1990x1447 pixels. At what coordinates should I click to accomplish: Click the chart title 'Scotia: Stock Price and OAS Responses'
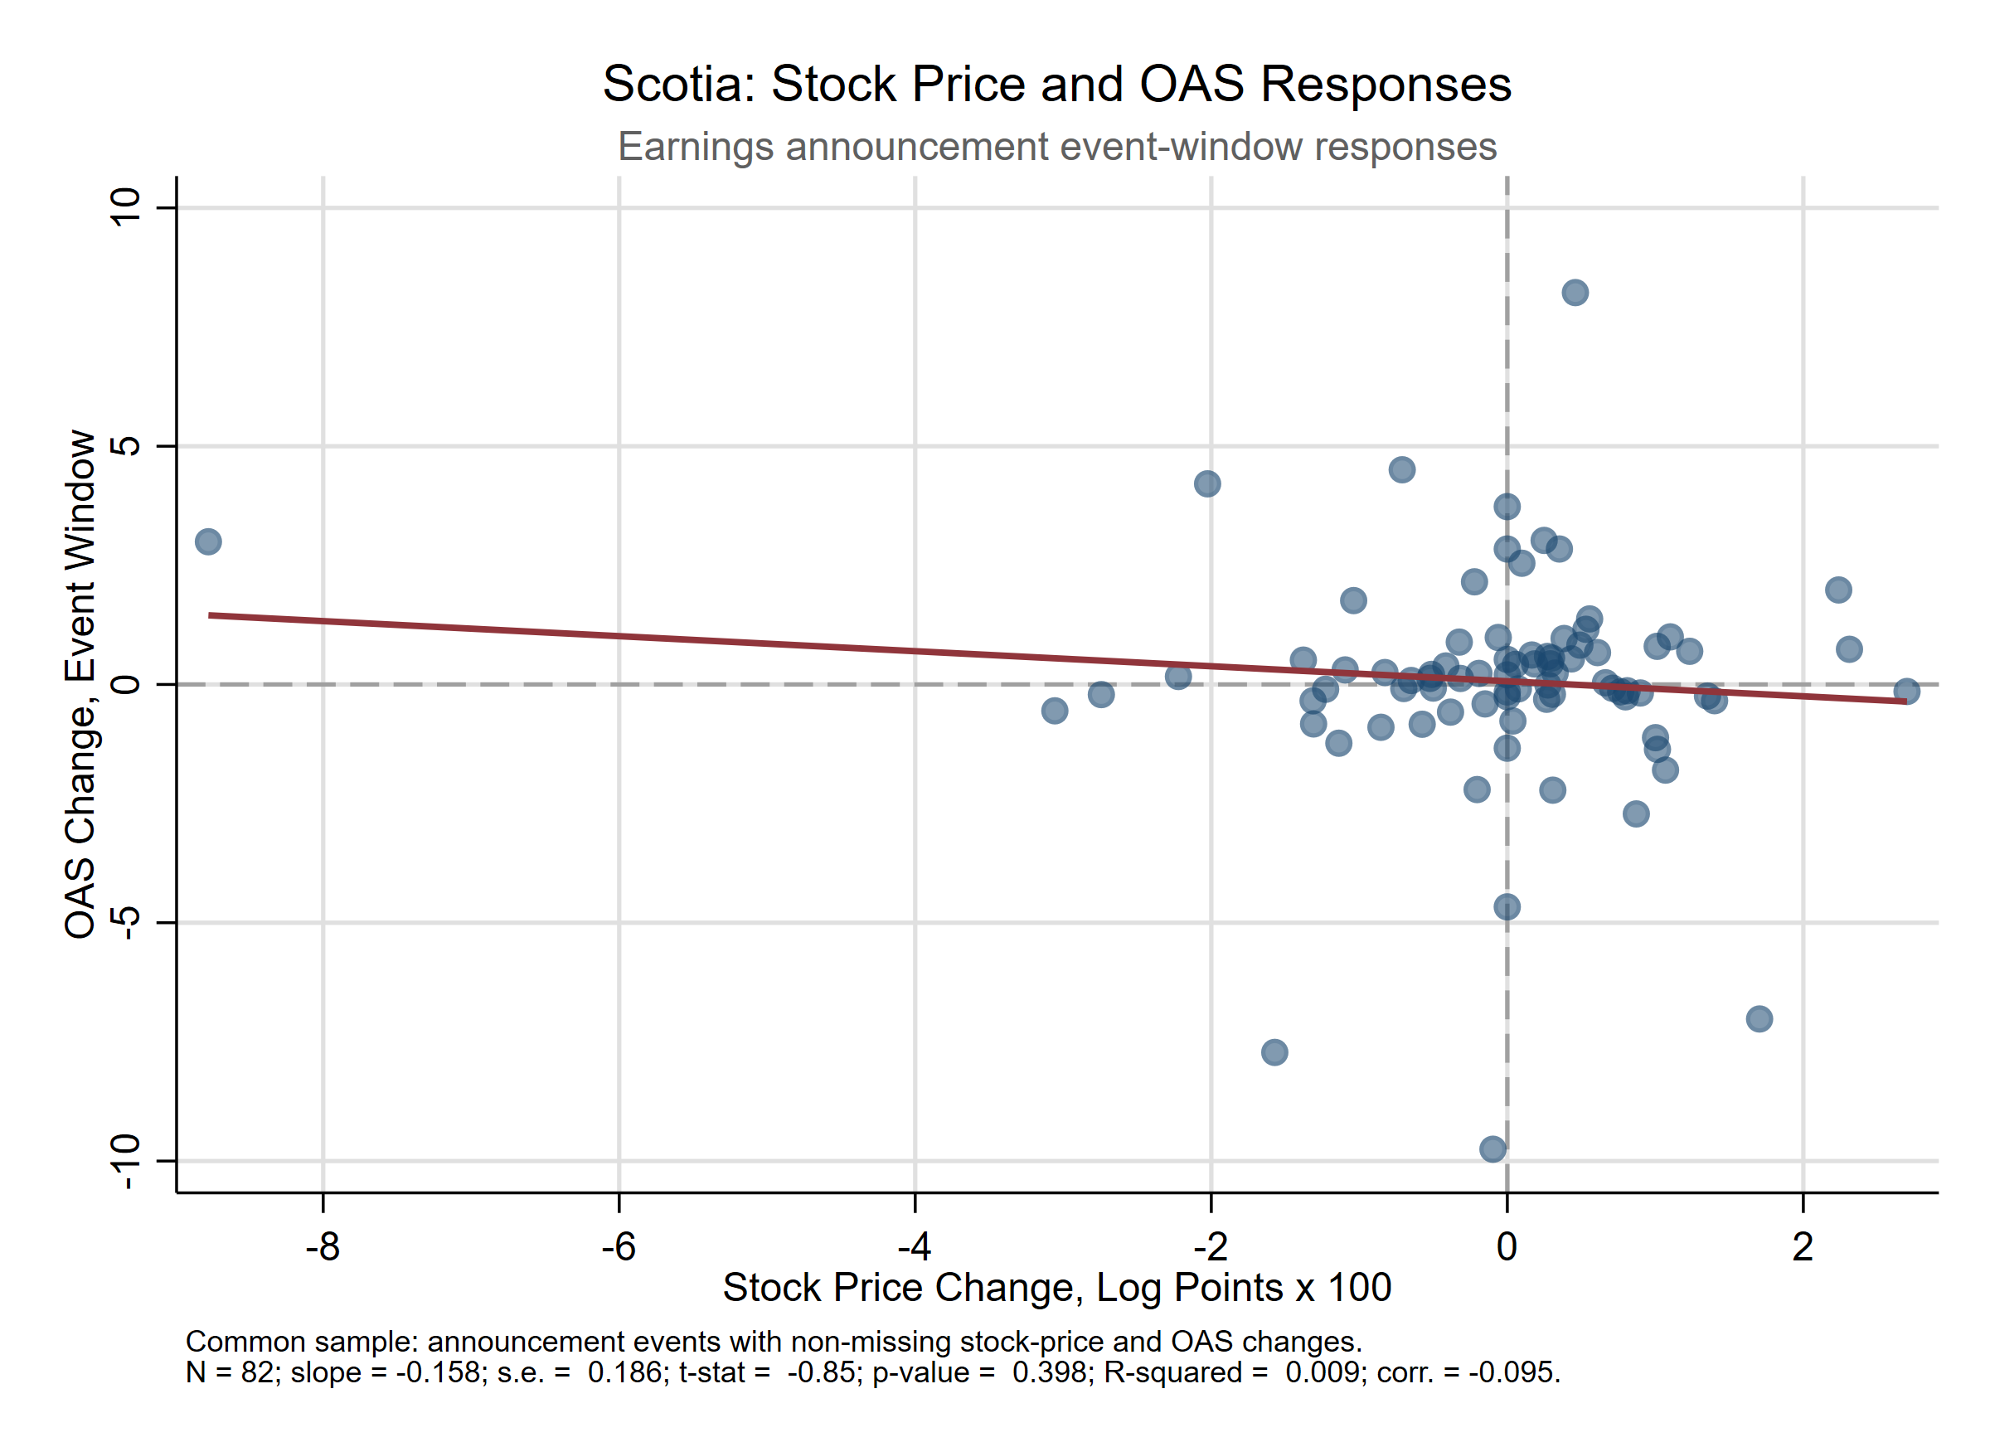coord(1056,85)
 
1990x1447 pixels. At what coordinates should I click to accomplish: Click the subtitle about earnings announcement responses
coord(1056,147)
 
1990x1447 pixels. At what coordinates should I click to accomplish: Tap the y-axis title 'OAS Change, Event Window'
coord(80,684)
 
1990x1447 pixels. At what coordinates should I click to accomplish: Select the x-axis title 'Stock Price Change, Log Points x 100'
coord(1056,1288)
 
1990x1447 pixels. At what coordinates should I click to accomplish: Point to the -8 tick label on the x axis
coord(322,1246)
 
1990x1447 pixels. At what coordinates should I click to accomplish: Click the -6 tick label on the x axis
coord(618,1246)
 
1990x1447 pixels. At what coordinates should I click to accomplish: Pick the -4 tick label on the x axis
coord(914,1246)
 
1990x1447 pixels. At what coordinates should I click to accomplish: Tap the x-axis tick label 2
coord(1803,1246)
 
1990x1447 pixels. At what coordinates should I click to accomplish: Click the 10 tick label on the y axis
coord(126,207)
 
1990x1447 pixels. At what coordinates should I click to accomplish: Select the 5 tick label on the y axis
coord(126,446)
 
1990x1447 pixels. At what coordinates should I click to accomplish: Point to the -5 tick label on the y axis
coord(126,922)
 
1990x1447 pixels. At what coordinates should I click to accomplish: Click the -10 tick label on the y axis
coord(126,1161)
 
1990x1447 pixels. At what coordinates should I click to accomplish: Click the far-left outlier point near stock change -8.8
coord(208,541)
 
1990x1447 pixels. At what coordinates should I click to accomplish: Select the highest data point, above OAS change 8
coord(1575,292)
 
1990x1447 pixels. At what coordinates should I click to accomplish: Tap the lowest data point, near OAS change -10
coord(1492,1149)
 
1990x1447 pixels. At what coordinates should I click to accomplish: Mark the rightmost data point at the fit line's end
coord(1905,692)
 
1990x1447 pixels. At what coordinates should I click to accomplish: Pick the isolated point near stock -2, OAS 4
coord(1207,483)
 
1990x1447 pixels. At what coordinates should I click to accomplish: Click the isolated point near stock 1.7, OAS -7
coord(1759,1019)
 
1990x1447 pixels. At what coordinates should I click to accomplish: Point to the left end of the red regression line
coord(209,615)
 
